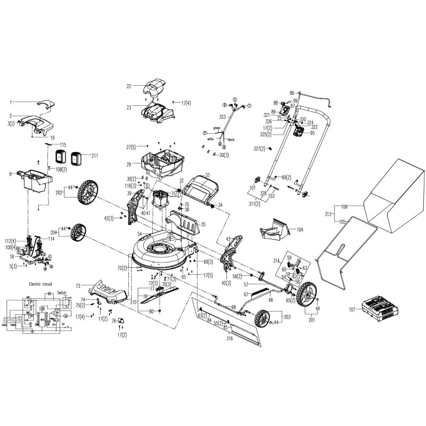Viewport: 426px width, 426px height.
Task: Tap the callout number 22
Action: [x=128, y=86]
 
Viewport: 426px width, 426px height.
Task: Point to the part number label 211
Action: [x=95, y=156]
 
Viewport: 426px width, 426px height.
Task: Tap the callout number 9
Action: [x=10, y=173]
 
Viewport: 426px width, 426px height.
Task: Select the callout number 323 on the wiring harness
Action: [x=222, y=116]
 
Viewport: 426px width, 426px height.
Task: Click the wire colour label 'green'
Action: [x=216, y=128]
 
